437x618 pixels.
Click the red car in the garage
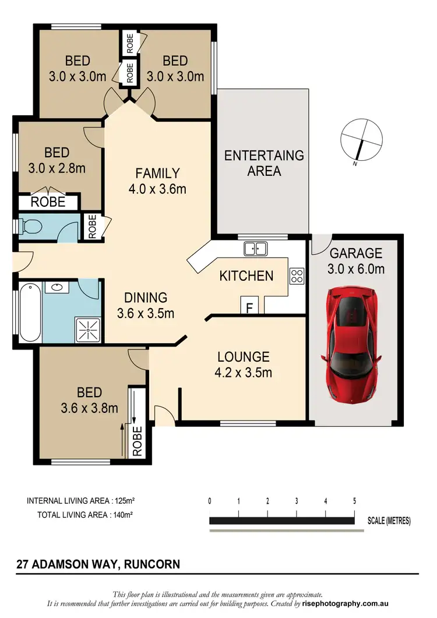(353, 345)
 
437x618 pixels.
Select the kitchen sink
(255, 249)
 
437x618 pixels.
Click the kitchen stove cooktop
(297, 275)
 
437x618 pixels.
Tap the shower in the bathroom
(87, 329)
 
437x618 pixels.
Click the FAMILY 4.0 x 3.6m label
(157, 181)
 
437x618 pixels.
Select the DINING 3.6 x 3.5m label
(146, 305)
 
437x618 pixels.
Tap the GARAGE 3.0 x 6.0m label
(355, 261)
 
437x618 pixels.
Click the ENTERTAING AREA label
(264, 163)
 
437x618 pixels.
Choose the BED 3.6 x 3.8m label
(90, 400)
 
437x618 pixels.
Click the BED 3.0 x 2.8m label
(57, 160)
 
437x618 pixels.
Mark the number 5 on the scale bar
(354, 500)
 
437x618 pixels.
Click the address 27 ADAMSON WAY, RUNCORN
(97, 564)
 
